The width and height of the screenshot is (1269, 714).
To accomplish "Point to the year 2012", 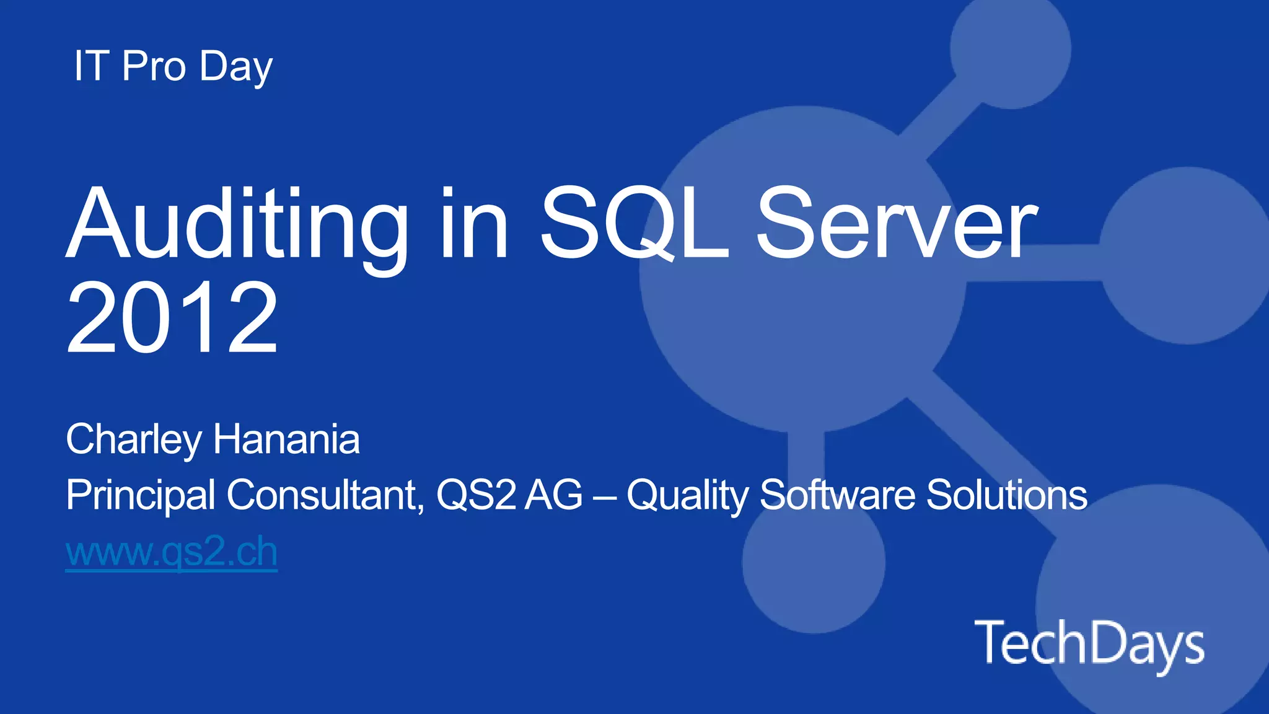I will point(172,317).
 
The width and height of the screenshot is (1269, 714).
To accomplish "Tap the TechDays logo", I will point(1089,644).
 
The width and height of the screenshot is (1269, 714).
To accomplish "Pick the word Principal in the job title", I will point(141,496).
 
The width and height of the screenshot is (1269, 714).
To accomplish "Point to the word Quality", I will point(687,496).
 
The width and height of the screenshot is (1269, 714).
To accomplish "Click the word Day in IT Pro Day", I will point(236,67).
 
